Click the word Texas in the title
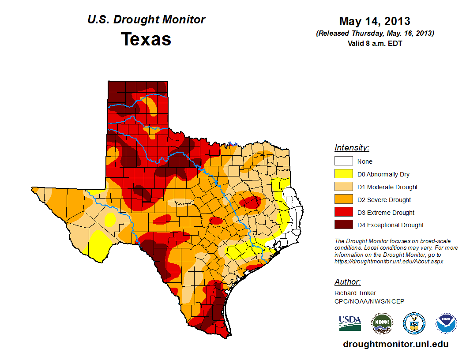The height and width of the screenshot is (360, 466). (x=146, y=39)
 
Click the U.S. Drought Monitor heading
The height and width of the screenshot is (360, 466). (x=146, y=20)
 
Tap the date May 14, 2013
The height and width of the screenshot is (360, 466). (x=375, y=21)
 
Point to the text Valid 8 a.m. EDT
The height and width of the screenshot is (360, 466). (x=375, y=43)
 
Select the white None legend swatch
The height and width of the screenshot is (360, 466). (x=343, y=161)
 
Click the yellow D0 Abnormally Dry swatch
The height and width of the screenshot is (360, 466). (x=343, y=174)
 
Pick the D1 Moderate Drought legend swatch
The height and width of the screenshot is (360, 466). (x=343, y=187)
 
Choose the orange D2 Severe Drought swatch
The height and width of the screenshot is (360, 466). (x=343, y=200)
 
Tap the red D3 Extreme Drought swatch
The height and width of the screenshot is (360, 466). (x=343, y=213)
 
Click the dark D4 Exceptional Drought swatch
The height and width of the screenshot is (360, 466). (x=343, y=225)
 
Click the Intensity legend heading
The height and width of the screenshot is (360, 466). (x=352, y=148)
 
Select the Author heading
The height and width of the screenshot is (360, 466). (x=347, y=282)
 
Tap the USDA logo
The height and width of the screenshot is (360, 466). (x=350, y=323)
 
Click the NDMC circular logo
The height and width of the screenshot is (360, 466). (x=382, y=323)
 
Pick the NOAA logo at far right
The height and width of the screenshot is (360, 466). (x=446, y=323)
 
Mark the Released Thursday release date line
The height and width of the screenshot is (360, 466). (x=375, y=34)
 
